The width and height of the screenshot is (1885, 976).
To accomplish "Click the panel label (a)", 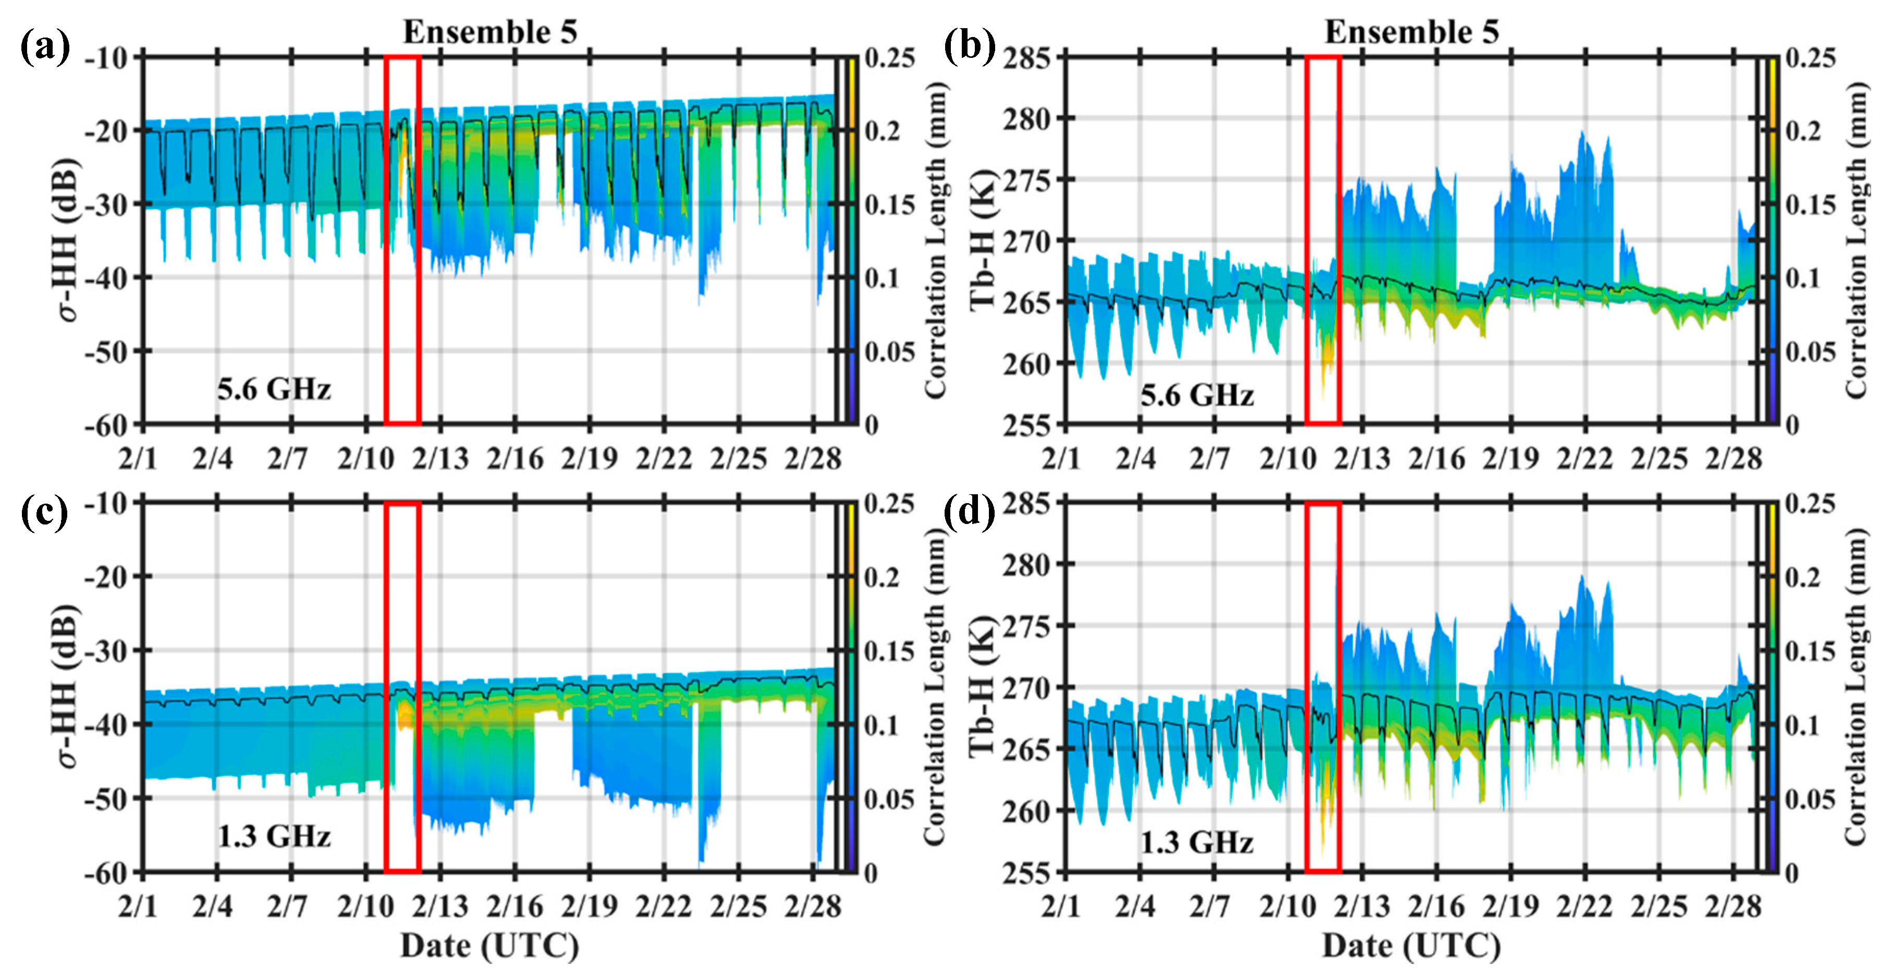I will click(x=45, y=48).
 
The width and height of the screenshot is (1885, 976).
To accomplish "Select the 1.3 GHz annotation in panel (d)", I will click(x=1196, y=842).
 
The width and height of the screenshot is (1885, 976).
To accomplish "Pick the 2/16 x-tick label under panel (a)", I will click(x=515, y=459).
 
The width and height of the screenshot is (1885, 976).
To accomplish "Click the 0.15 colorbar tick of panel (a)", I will click(x=890, y=205).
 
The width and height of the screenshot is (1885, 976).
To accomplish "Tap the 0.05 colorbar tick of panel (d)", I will click(x=1810, y=799).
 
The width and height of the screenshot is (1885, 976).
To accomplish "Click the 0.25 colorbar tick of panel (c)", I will click(x=890, y=504).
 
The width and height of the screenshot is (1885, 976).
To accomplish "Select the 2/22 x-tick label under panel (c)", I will click(x=664, y=907).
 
